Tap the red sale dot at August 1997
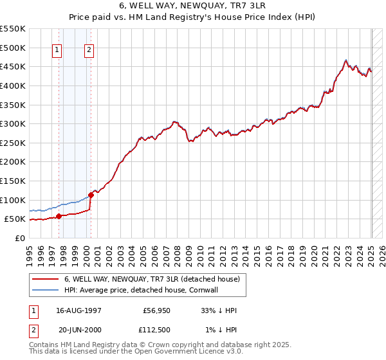(x=59, y=216)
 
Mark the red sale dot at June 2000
(x=91, y=195)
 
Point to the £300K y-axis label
(x=13, y=123)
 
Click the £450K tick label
(x=13, y=66)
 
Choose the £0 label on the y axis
(x=19, y=238)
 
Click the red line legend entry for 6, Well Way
(x=152, y=279)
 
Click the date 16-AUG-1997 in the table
(x=79, y=311)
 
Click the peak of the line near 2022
(x=346, y=60)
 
